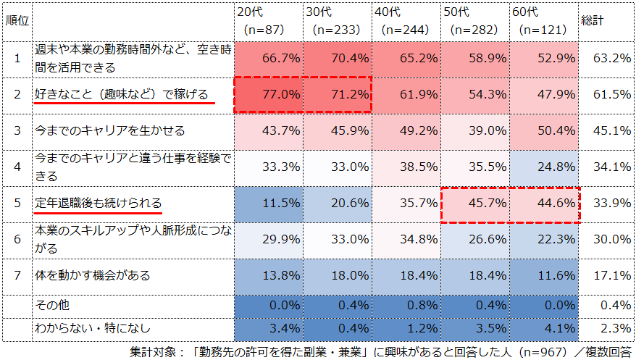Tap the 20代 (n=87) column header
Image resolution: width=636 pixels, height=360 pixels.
pyautogui.click(x=269, y=21)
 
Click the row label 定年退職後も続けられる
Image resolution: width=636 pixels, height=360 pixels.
pyautogui.click(x=99, y=203)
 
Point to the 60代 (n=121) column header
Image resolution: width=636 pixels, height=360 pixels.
pyautogui.click(x=543, y=21)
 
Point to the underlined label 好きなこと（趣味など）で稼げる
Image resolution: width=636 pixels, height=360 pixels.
pyautogui.click(x=122, y=94)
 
